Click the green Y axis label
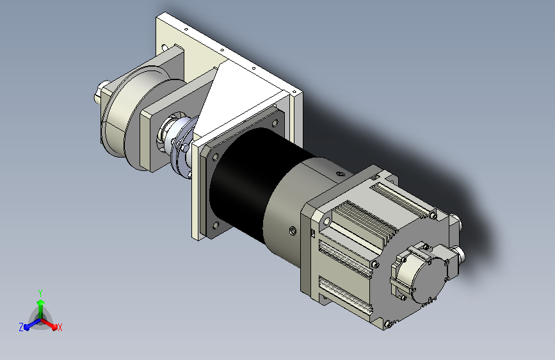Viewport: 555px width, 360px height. pos(40,293)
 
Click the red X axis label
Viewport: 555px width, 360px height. pos(60,327)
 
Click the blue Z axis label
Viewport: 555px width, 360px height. pos(21,327)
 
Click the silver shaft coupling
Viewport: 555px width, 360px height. pos(179,142)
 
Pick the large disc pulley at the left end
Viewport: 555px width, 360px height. pos(122,113)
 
